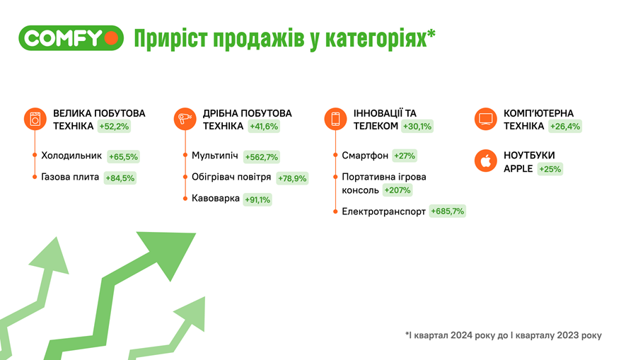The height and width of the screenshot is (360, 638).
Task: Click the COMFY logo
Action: [71, 38]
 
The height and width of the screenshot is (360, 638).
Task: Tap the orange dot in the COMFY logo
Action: [111, 38]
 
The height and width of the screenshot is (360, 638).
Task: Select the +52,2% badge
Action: [114, 127]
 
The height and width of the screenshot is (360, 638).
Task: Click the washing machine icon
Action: [35, 119]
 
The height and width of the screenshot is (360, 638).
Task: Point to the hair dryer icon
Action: [185, 119]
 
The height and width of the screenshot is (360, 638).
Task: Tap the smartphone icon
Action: [335, 119]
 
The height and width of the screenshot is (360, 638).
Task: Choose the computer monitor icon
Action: [485, 119]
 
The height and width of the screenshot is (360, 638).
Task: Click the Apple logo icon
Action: [485, 161]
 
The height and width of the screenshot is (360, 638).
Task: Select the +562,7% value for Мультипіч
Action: [261, 157]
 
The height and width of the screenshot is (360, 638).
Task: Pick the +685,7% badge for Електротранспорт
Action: [447, 211]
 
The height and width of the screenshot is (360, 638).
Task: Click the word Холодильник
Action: [71, 156]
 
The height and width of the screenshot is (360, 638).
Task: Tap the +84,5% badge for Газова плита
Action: [120, 178]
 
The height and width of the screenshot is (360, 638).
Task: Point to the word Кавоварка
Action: [216, 199]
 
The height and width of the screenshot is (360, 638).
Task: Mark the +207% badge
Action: [398, 190]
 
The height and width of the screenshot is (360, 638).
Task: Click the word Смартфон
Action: [365, 156]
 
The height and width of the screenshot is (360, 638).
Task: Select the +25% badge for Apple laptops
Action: [550, 169]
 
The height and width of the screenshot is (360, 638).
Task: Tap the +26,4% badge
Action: [565, 127]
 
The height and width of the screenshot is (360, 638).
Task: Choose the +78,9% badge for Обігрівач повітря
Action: [292, 178]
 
